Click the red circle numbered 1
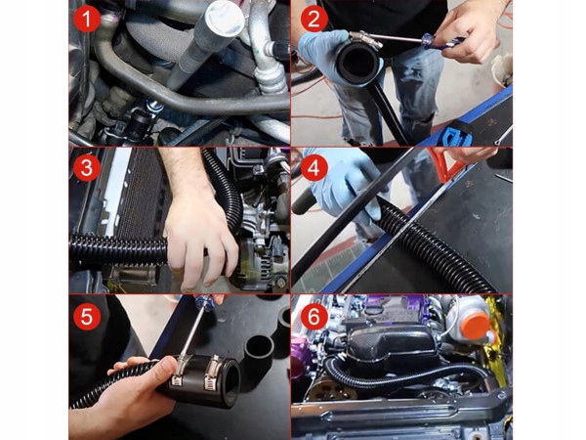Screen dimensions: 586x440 pos(87,20)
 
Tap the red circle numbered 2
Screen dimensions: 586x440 pos(314,20)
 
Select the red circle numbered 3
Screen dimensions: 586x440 pos(87,167)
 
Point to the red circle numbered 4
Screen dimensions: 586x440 pos(314,167)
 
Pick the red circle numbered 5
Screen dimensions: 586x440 pos(87,317)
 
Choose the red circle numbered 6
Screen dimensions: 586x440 pos(314,317)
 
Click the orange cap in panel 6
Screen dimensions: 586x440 pos(476,327)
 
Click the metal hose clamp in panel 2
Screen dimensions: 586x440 pos(366,39)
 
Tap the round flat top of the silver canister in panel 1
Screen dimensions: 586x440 pos(225,20)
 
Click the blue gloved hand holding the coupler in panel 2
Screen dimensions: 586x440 pos(329,53)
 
